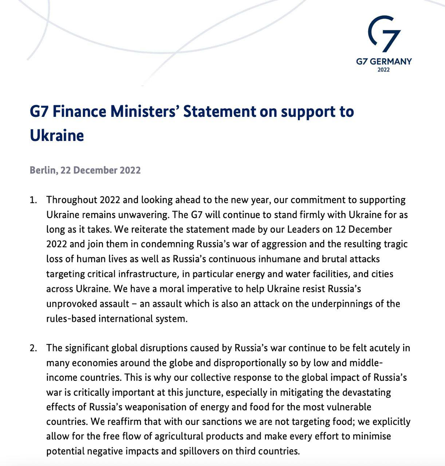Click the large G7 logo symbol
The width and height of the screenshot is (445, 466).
pyautogui.click(x=384, y=33)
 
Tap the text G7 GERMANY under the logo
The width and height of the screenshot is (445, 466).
pyautogui.click(x=384, y=61)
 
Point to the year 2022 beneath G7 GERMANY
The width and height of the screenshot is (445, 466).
pyautogui.click(x=384, y=70)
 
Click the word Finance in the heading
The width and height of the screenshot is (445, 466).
pyautogui.click(x=80, y=111)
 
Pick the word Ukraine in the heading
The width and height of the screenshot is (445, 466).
pyautogui.click(x=57, y=135)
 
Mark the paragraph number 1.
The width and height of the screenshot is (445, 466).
pyautogui.click(x=33, y=200)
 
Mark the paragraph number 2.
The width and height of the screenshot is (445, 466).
pyautogui.click(x=33, y=348)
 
